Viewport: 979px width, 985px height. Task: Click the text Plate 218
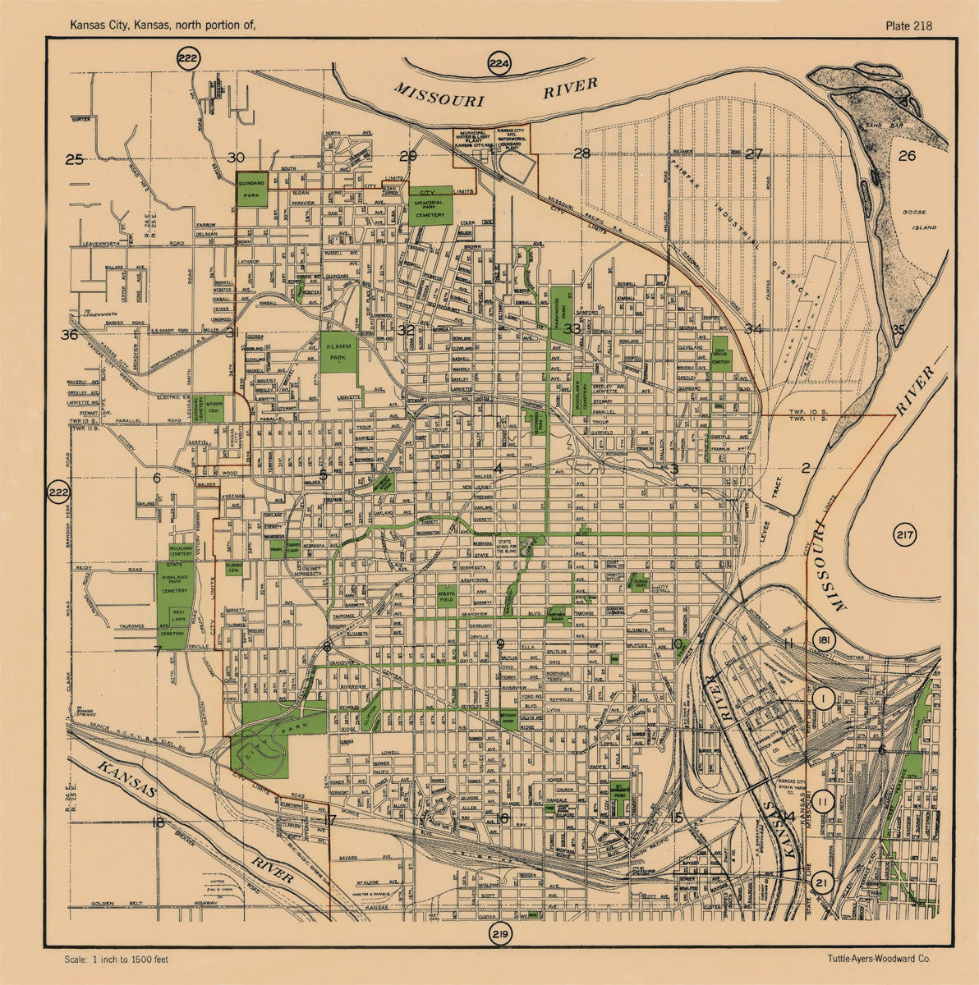point(908,25)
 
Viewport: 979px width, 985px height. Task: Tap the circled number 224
point(498,62)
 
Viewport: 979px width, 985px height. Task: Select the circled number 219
point(499,935)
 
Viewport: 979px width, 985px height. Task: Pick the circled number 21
point(821,882)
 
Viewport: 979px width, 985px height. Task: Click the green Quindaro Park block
point(252,190)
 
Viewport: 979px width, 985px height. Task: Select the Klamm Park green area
point(339,354)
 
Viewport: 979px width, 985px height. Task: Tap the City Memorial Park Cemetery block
point(431,203)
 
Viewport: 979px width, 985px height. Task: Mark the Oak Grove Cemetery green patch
point(719,353)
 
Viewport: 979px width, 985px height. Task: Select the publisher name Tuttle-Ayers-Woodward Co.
point(879,959)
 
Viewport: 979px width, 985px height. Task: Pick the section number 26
point(907,155)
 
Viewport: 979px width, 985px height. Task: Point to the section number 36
point(69,334)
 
